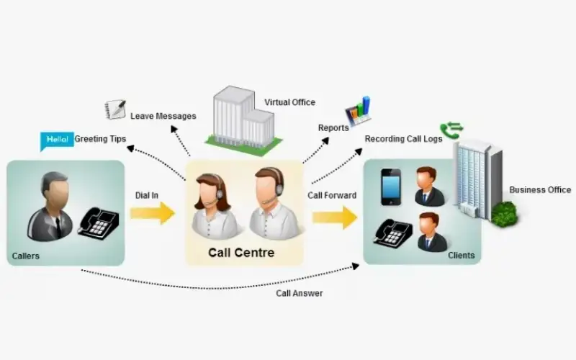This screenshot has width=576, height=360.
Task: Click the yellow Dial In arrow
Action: click(x=153, y=213)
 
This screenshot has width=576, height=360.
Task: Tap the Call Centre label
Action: click(x=241, y=253)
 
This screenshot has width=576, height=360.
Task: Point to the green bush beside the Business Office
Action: click(x=504, y=212)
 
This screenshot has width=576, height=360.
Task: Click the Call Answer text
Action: click(x=299, y=293)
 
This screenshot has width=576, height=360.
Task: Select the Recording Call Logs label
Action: click(x=403, y=139)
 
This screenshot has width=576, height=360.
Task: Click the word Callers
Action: click(x=26, y=256)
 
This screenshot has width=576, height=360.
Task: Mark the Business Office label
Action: click(x=540, y=190)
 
